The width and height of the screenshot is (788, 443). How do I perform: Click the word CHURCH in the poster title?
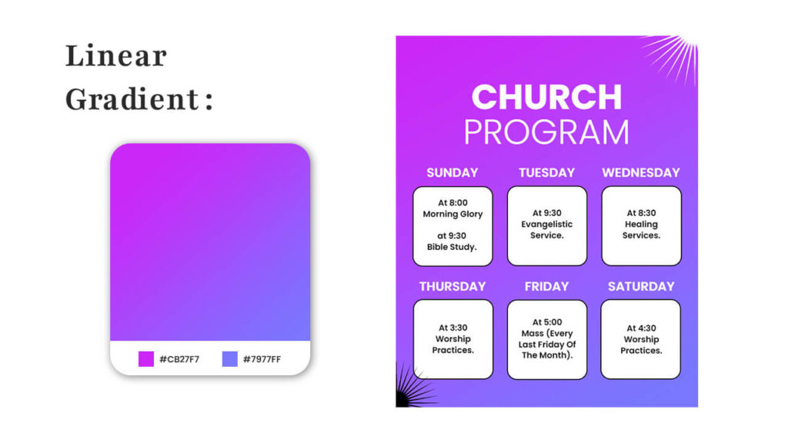point(547,97)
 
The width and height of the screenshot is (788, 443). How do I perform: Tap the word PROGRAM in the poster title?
point(547,132)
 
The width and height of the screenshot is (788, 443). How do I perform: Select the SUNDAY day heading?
point(452,173)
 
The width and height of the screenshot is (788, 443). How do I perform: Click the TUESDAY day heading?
point(547,173)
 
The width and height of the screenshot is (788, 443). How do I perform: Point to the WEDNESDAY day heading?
point(641,173)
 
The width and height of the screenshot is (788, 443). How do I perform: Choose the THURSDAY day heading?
point(452,286)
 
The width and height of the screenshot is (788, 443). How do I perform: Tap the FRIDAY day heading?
point(547,286)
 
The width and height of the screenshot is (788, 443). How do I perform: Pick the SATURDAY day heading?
point(641,286)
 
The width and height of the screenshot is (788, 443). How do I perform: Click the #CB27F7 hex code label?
point(179,359)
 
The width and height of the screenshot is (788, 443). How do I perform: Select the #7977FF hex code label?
point(262,359)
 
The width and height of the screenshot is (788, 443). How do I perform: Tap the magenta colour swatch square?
point(145,359)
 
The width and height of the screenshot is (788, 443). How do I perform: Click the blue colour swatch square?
point(229,359)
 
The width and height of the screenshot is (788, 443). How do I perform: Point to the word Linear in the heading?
point(116,55)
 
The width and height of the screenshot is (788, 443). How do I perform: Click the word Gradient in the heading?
point(132,100)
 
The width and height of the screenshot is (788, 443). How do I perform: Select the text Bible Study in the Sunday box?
point(452,247)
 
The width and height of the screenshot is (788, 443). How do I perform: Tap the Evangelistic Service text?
point(547,229)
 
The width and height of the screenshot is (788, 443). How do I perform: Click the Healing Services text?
point(641,229)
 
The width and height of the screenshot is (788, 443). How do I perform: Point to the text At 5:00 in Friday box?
point(547,322)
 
